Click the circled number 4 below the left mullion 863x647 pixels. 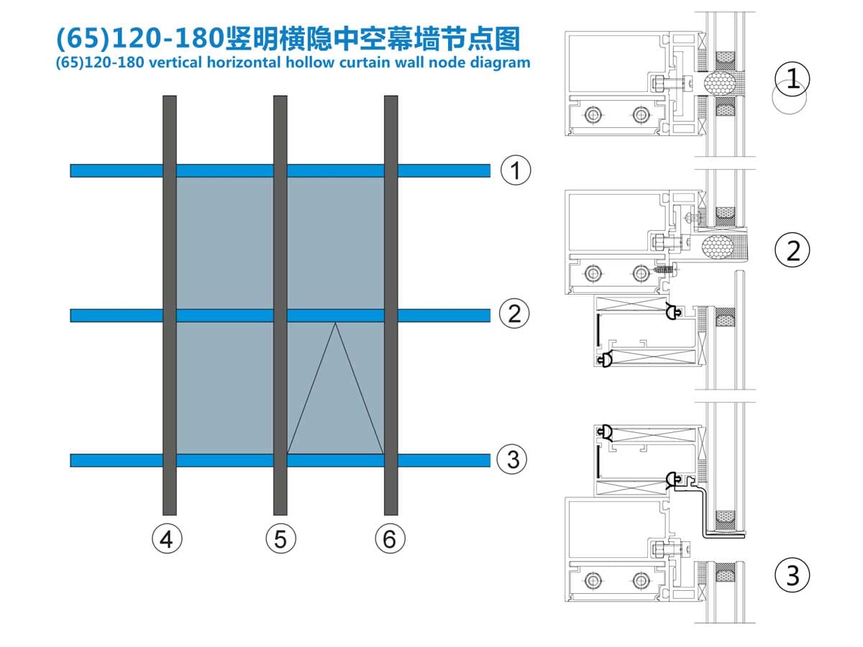[166, 538]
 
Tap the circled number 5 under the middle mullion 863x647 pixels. [280, 538]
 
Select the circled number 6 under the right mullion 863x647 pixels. [390, 538]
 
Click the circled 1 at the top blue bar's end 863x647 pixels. [515, 171]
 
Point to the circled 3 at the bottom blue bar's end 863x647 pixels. [513, 459]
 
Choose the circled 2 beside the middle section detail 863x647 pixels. [793, 250]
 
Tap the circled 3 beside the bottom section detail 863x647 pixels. [793, 575]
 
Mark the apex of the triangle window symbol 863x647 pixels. [335, 323]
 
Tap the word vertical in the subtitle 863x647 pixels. [173, 62]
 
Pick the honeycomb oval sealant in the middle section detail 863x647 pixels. [720, 245]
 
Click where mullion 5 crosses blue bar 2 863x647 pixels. [280, 315]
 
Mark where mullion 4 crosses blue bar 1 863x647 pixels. [170, 170]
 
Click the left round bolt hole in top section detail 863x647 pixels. [593, 114]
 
